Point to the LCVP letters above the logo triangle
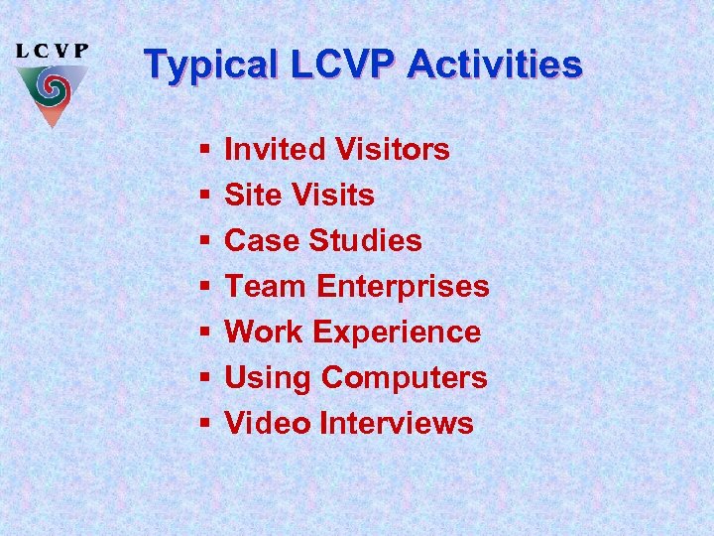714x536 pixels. tap(53, 51)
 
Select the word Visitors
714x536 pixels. tap(392, 150)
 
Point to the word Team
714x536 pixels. tap(266, 287)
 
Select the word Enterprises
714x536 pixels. tap(403, 287)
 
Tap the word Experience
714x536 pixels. tap(399, 333)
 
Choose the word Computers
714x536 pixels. tap(405, 378)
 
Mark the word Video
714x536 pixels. tap(268, 424)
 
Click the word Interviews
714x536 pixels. tap(397, 424)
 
